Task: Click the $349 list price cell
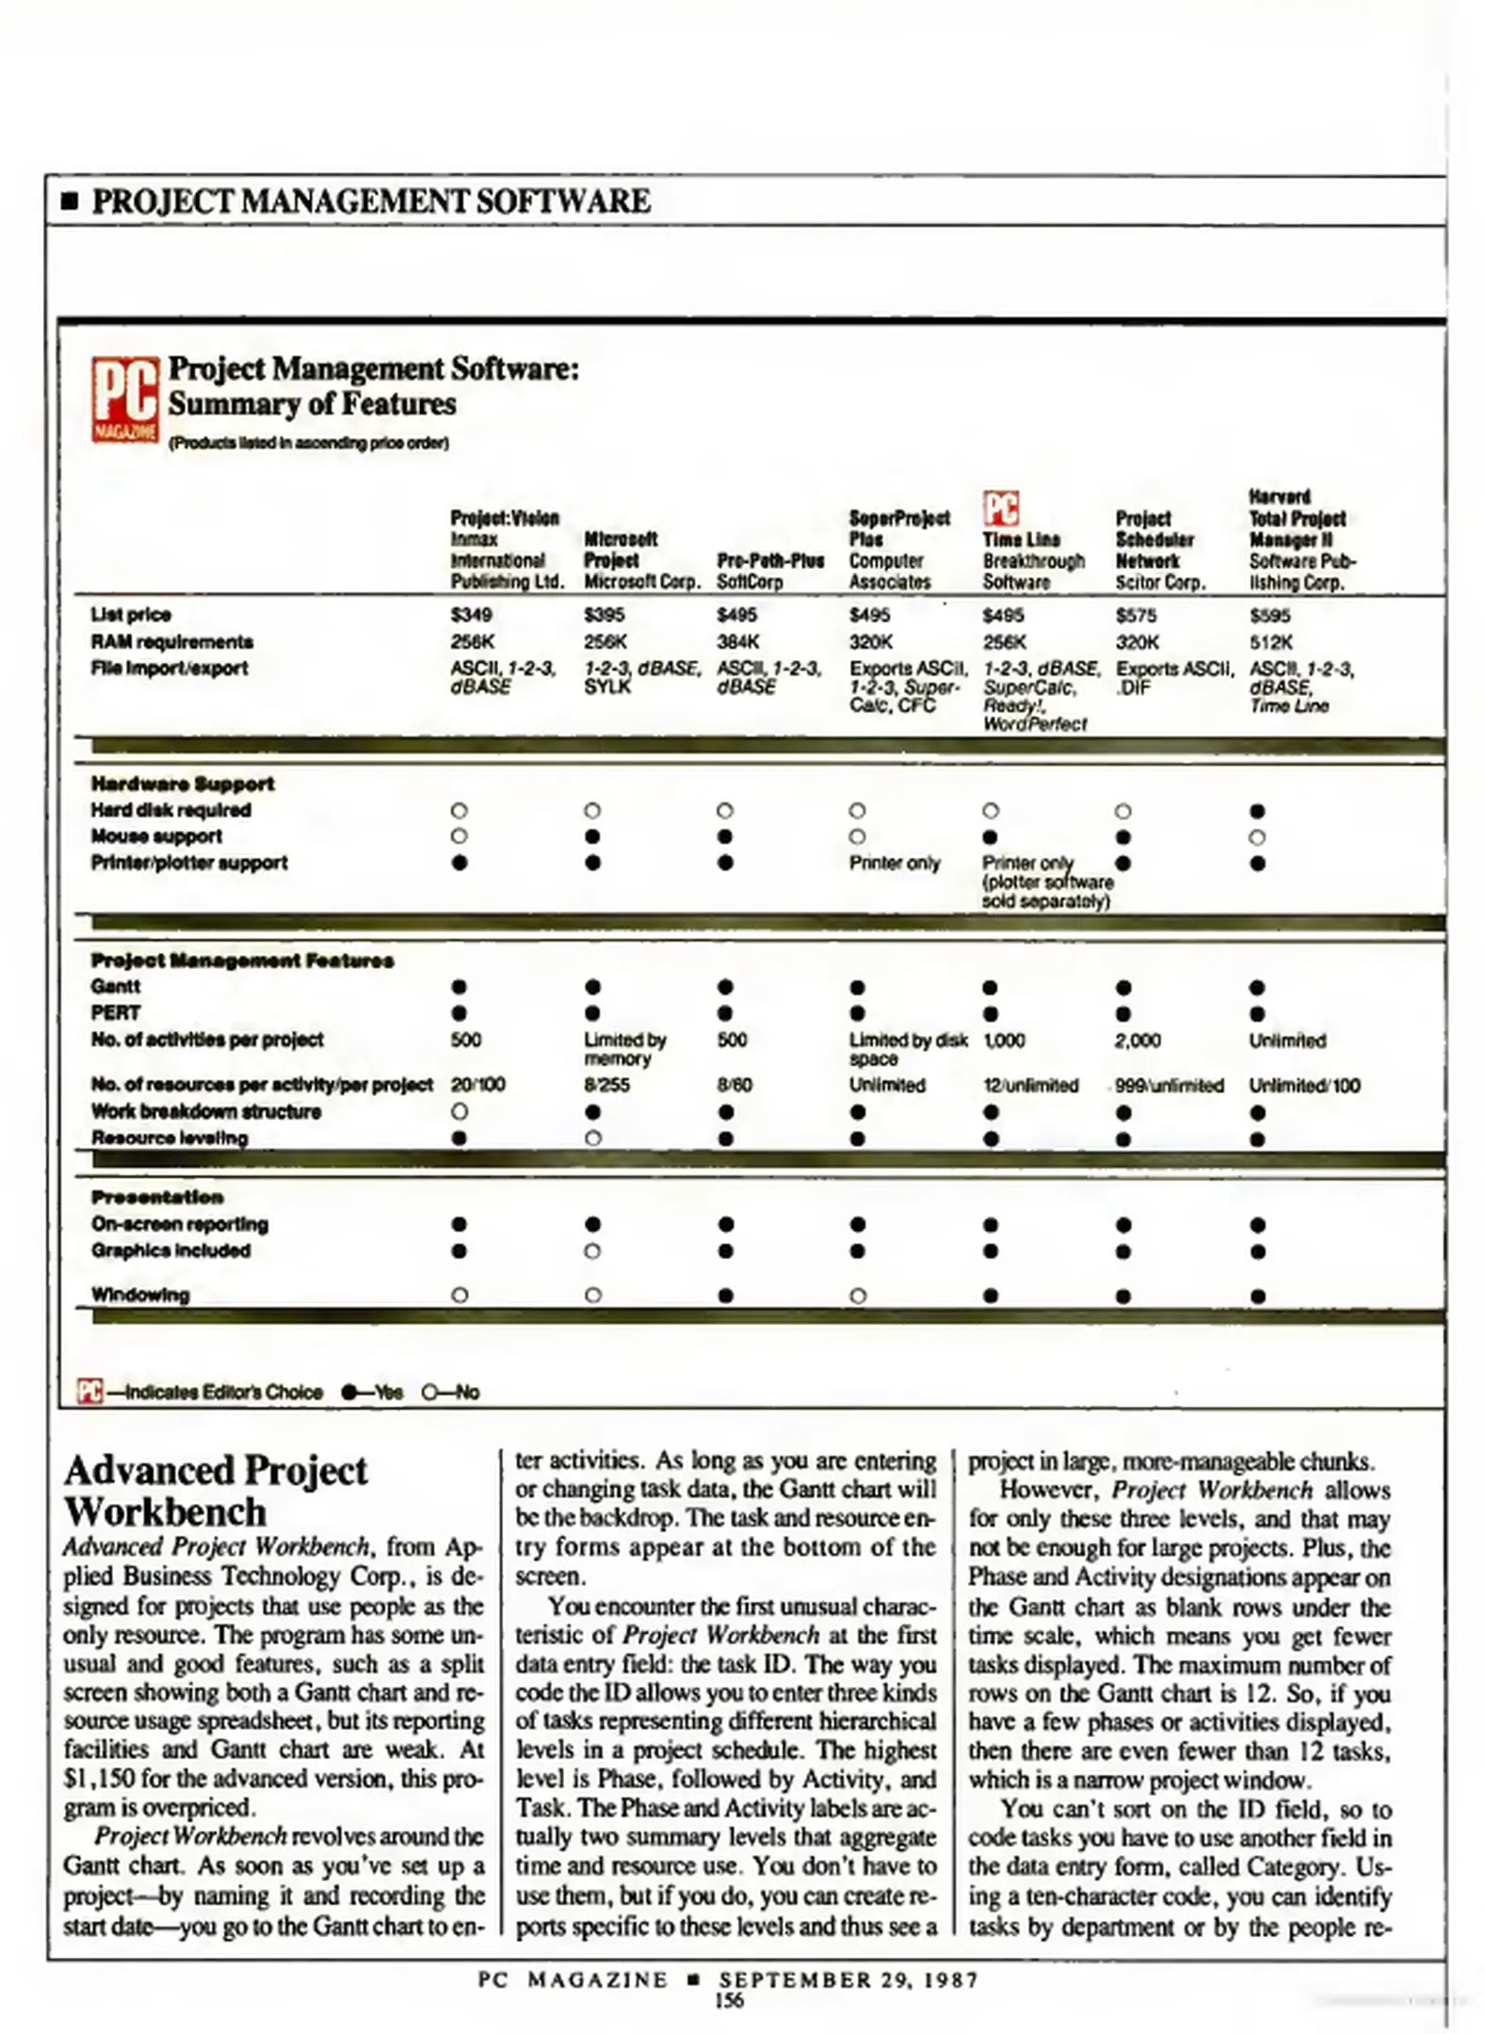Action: (471, 615)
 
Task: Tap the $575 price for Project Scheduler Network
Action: (1136, 615)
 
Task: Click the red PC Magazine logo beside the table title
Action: (124, 399)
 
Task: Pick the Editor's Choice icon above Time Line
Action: (1000, 508)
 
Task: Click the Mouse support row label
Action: (156, 836)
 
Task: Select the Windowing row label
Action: (140, 1295)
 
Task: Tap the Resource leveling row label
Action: (169, 1138)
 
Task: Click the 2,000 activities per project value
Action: (1138, 1041)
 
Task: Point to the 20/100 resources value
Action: (477, 1085)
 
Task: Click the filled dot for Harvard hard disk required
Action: (1257, 812)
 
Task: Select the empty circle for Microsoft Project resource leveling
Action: (592, 1138)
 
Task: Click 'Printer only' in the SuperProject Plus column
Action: (895, 864)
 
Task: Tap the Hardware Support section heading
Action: (183, 783)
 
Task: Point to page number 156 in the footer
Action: (730, 2000)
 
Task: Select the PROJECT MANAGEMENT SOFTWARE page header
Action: (371, 202)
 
